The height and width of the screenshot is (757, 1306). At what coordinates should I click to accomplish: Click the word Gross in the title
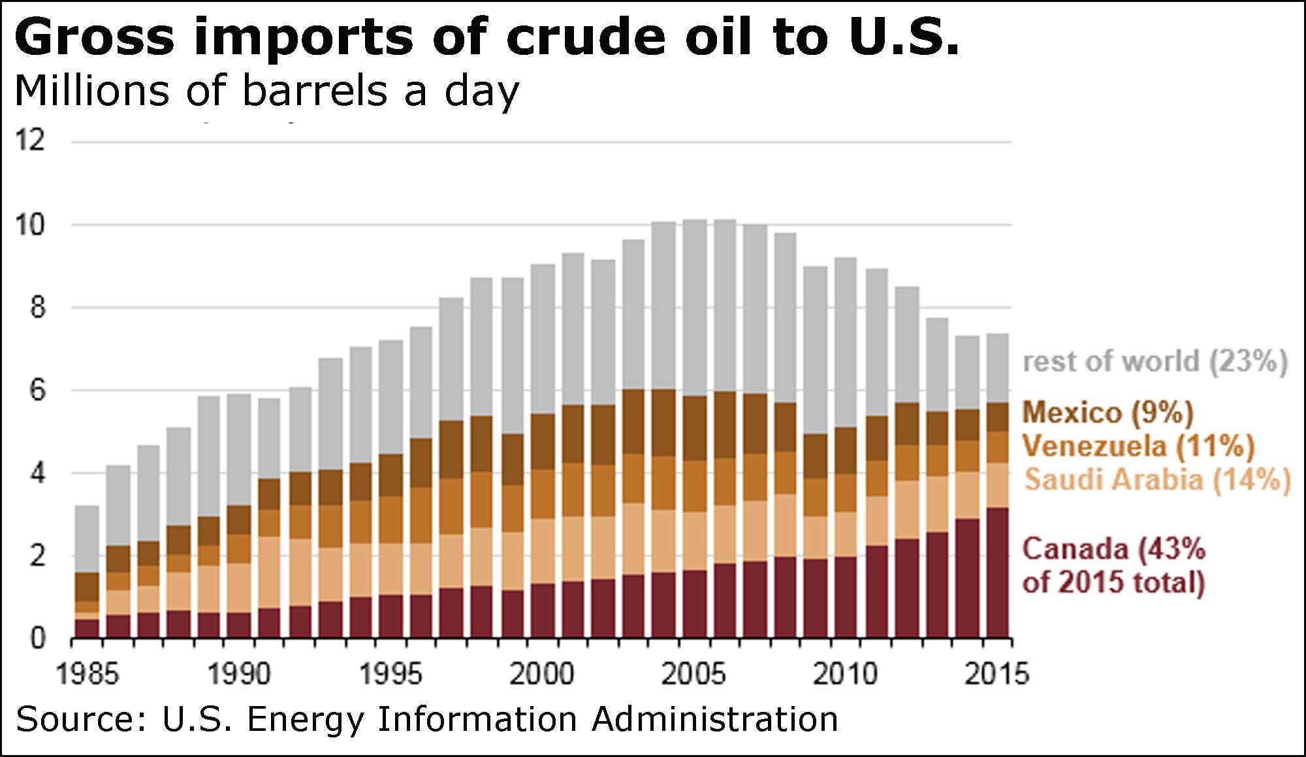click(x=95, y=37)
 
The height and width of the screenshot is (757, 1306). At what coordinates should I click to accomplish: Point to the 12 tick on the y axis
click(x=31, y=140)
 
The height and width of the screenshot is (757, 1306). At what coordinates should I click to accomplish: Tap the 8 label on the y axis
click(x=38, y=308)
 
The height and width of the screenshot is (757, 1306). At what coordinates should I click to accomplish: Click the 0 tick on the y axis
click(x=38, y=638)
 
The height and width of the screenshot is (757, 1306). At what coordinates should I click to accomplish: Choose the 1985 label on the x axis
click(x=87, y=674)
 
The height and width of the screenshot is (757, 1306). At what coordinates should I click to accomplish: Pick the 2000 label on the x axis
click(x=541, y=674)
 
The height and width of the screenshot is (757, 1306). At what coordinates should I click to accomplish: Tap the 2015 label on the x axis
click(x=996, y=674)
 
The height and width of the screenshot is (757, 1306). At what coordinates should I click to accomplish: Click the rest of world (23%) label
click(x=1155, y=361)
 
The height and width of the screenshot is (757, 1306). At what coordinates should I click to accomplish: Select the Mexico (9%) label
click(x=1107, y=413)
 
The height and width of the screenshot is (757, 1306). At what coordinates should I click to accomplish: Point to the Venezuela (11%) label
click(x=1138, y=447)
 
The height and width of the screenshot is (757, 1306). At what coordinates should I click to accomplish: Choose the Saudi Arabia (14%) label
click(x=1157, y=480)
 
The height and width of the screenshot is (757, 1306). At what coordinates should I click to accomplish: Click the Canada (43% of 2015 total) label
click(x=1113, y=566)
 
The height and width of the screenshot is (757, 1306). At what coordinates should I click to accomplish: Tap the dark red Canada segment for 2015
click(x=997, y=572)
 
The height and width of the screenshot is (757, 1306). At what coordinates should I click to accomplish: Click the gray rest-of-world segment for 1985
click(x=87, y=539)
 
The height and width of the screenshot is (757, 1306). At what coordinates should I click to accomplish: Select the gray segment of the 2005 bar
click(x=695, y=308)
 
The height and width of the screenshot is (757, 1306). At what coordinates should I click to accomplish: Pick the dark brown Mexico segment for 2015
click(x=997, y=417)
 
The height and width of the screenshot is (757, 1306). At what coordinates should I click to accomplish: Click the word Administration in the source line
click(x=714, y=720)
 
